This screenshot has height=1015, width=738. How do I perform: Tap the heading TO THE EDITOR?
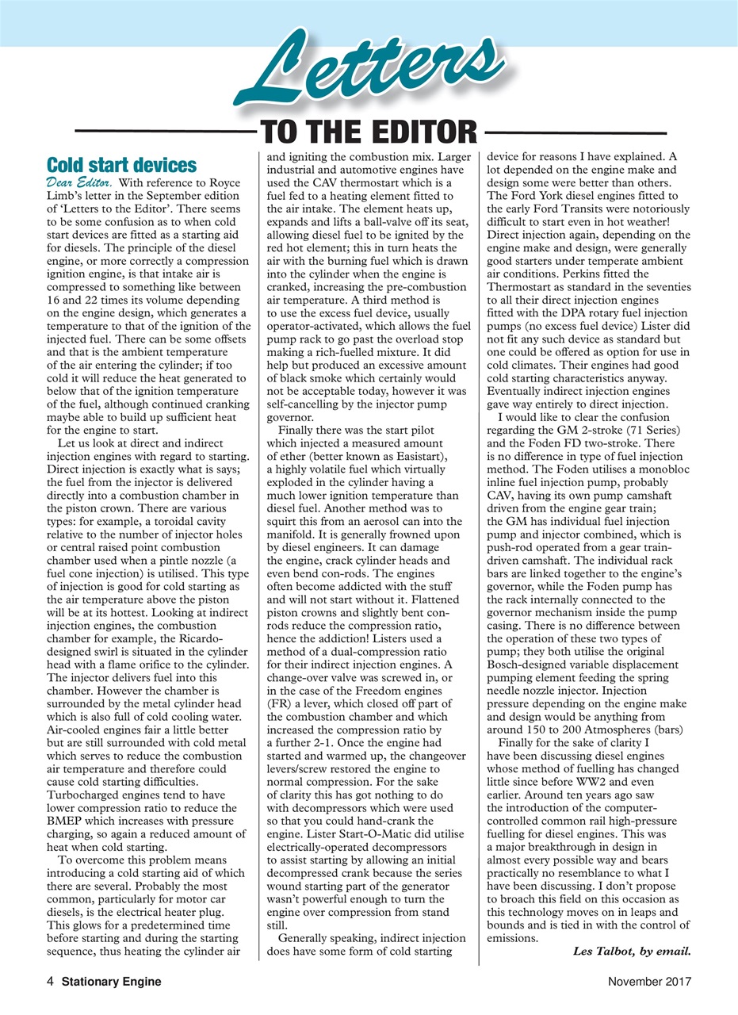click(x=368, y=132)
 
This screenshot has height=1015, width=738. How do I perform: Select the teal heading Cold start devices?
click(x=122, y=165)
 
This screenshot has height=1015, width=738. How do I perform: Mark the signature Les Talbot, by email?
click(x=631, y=952)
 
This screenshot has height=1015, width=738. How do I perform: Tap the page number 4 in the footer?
click(x=50, y=981)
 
